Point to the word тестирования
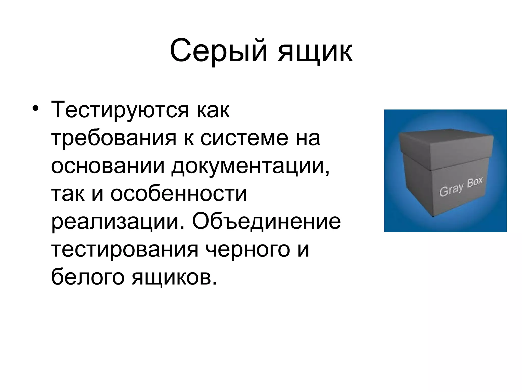(125, 250)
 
